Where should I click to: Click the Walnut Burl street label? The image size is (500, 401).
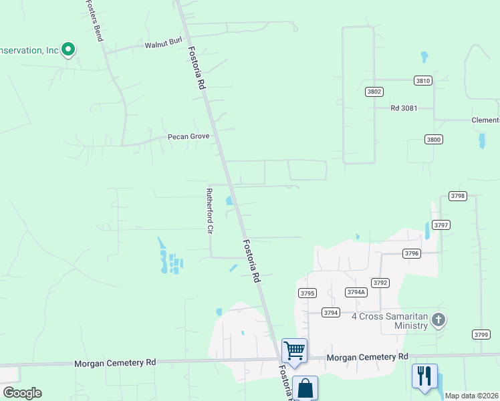[163, 45]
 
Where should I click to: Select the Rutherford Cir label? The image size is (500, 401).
[209, 211]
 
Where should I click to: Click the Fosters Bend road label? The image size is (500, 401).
[94, 20]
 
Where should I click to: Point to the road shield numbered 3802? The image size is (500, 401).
[374, 92]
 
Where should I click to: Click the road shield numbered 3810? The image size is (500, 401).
[423, 80]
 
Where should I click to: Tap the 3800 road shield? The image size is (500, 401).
[433, 139]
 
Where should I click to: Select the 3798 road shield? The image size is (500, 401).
[457, 196]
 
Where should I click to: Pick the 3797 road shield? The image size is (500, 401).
[441, 225]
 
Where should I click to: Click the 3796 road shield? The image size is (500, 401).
[412, 253]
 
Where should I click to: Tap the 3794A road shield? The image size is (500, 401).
[356, 292]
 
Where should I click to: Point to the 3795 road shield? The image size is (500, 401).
[307, 293]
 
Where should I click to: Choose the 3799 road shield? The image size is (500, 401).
[481, 334]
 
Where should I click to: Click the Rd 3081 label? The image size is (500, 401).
[404, 108]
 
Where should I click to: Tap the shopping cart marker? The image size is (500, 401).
[294, 350]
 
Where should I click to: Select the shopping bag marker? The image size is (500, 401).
[305, 388]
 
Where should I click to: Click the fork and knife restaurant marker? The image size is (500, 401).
[424, 376]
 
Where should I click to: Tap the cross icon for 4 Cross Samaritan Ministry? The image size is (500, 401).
[439, 319]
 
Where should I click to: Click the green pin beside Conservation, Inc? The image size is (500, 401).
[68, 49]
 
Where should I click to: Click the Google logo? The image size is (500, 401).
[22, 393]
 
